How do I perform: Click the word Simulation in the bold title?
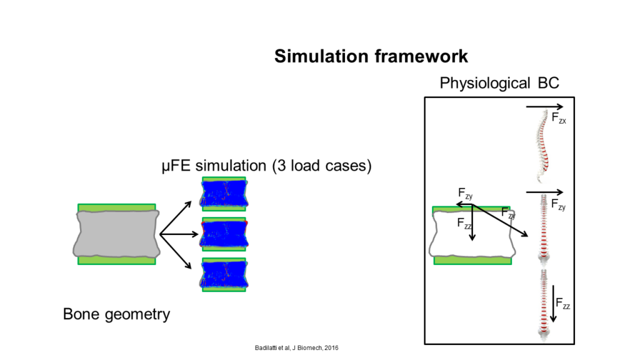click(321, 56)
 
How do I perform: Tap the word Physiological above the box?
click(485, 83)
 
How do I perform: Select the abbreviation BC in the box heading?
click(549, 83)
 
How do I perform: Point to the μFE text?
click(176, 166)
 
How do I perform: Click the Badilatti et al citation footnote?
click(296, 347)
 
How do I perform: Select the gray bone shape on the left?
click(116, 234)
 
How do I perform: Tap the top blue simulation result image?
click(224, 194)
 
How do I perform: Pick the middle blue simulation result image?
click(224, 234)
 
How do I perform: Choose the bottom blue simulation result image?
click(224, 275)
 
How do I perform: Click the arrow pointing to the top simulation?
click(176, 218)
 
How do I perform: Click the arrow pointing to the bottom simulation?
click(176, 251)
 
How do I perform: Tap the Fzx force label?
click(558, 118)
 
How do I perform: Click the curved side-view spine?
click(542, 146)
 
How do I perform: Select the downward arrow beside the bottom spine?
click(553, 304)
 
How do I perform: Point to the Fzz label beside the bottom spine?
click(562, 304)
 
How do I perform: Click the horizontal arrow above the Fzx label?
click(544, 107)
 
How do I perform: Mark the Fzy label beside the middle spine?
click(558, 204)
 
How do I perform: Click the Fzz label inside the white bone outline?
click(464, 224)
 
